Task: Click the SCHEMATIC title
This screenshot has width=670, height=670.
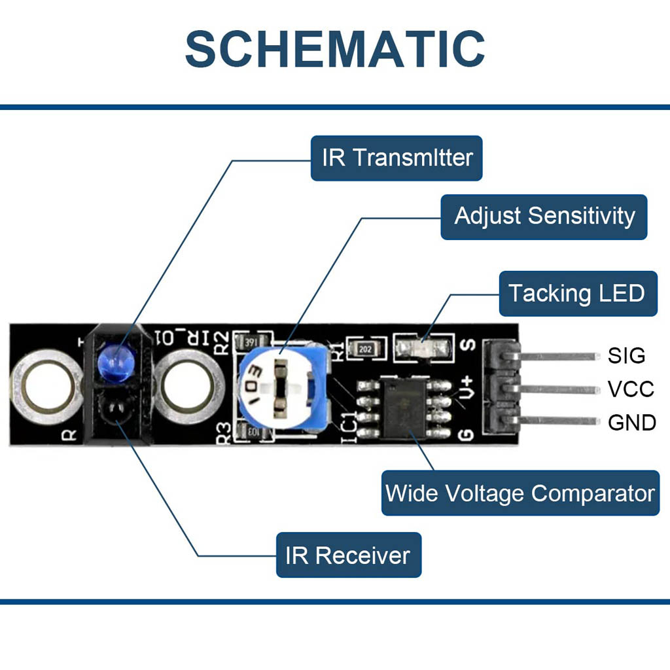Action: pos(335,49)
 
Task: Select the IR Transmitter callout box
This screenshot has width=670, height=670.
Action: pos(397,158)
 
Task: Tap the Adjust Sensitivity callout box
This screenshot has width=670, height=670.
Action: pos(544,217)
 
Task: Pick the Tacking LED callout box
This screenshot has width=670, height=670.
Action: pos(577,294)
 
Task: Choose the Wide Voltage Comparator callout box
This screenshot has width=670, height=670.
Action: pos(520,493)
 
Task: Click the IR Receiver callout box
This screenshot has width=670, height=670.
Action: pos(348,555)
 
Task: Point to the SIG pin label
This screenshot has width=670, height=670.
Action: pos(626,356)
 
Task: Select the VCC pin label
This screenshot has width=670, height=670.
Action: pos(631,389)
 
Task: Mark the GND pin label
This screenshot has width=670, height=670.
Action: pos(632,423)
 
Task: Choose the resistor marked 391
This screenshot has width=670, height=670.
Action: pos(252,342)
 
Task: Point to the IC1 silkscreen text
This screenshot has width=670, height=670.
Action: pos(348,425)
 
